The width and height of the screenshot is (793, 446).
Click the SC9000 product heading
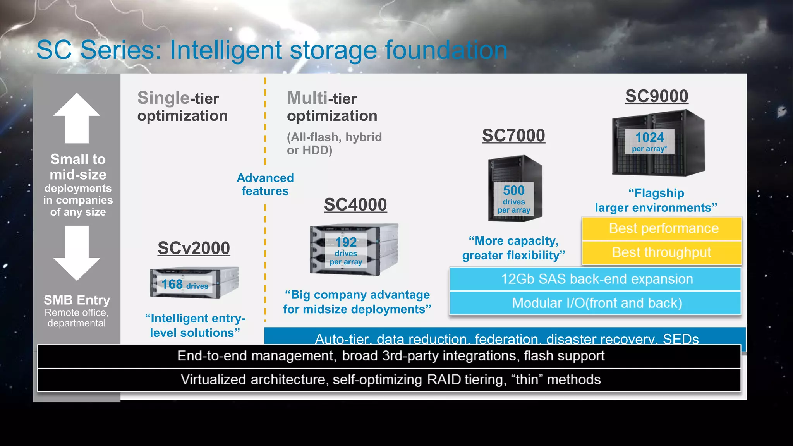(657, 96)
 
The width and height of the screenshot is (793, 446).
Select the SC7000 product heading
(513, 136)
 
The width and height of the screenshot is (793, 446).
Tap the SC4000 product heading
(355, 204)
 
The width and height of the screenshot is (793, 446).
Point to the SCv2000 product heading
(194, 248)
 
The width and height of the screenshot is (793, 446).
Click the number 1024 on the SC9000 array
(649, 137)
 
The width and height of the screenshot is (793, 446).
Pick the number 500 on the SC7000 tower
(513, 190)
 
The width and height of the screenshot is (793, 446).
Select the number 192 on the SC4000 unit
(346, 242)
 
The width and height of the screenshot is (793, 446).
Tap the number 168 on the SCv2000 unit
(172, 285)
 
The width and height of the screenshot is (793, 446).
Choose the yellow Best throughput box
(662, 252)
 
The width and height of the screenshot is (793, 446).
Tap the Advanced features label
(265, 184)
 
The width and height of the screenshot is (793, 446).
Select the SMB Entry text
(77, 300)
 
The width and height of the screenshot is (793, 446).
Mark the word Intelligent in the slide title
(226, 50)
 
